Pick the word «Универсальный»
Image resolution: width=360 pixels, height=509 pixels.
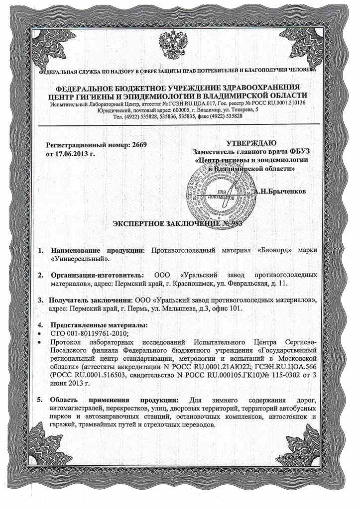[x=79, y=259]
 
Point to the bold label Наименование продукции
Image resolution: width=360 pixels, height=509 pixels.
[x=97, y=250]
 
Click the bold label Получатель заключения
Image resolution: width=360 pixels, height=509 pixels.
[x=90, y=301]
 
